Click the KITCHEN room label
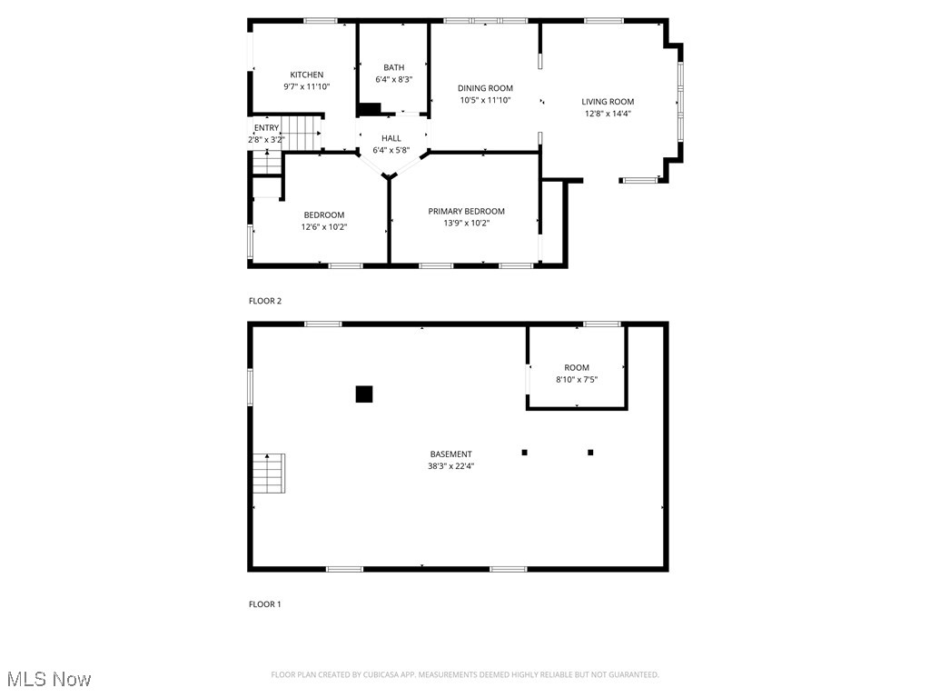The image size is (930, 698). pyautogui.click(x=306, y=75)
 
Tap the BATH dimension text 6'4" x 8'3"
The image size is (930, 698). pyautogui.click(x=393, y=79)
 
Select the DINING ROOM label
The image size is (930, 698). pyautogui.click(x=485, y=88)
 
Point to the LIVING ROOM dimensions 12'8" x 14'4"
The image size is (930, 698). pyautogui.click(x=608, y=114)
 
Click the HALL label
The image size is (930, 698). pyautogui.click(x=391, y=138)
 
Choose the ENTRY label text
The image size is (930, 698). pyautogui.click(x=266, y=128)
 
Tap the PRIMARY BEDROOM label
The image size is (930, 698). pyautogui.click(x=466, y=211)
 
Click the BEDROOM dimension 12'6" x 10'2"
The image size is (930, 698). pyautogui.click(x=324, y=226)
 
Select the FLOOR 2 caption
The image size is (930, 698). pyautogui.click(x=265, y=300)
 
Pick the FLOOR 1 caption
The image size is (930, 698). pyautogui.click(x=265, y=603)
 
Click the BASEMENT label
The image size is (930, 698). pyautogui.click(x=450, y=454)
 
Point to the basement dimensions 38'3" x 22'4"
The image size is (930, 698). pyautogui.click(x=450, y=465)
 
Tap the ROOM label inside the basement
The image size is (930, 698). pyautogui.click(x=576, y=367)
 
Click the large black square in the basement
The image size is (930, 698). pyautogui.click(x=363, y=394)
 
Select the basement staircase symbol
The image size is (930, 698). pyautogui.click(x=269, y=473)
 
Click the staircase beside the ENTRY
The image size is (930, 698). pyautogui.click(x=302, y=134)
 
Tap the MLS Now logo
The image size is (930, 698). pyautogui.click(x=48, y=679)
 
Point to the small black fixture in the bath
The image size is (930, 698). pyautogui.click(x=369, y=110)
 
